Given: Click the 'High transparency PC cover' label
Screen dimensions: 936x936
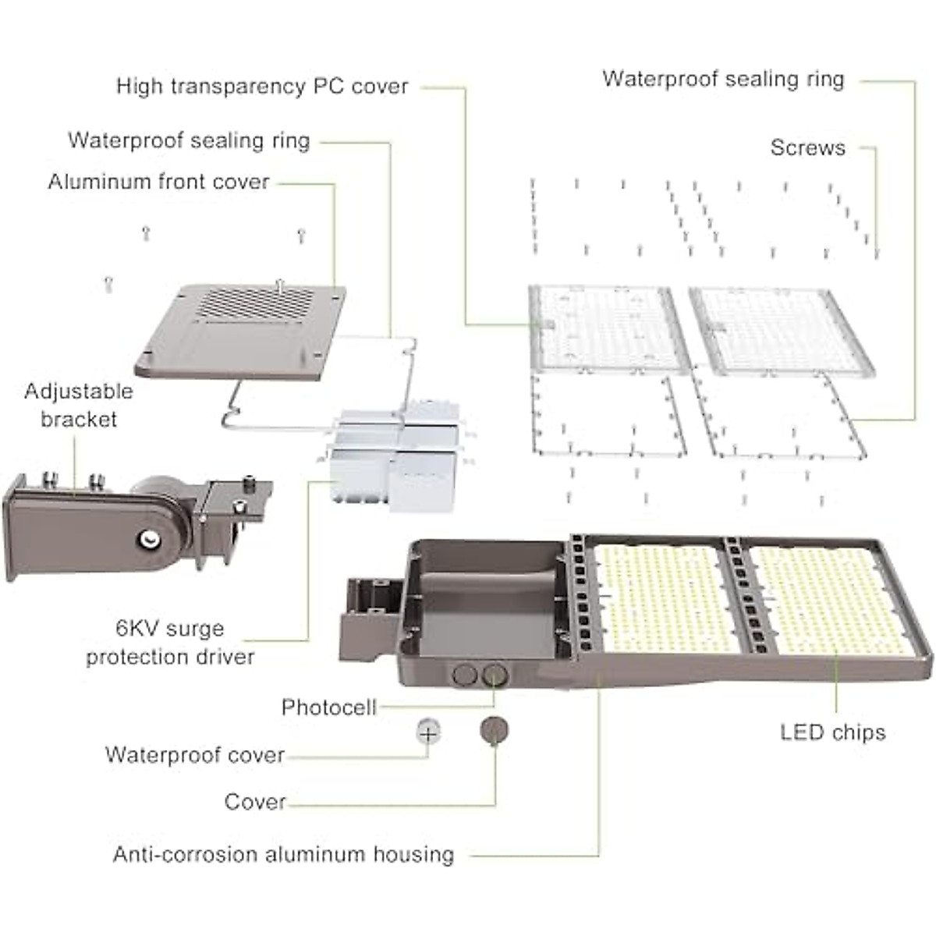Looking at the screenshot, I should click(262, 86).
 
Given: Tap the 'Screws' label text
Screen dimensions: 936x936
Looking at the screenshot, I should click(807, 147).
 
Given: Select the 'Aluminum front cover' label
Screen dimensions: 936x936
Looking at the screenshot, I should click(159, 182).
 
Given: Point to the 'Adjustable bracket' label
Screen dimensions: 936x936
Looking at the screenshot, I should click(78, 405).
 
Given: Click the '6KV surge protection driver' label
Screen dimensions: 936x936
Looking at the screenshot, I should click(170, 643).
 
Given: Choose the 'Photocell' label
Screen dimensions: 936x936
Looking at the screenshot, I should click(328, 707).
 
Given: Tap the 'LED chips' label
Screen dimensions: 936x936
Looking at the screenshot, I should click(832, 732).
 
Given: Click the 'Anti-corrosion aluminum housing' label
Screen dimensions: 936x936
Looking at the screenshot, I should click(283, 854).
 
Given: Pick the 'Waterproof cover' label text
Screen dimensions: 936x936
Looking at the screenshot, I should click(195, 755).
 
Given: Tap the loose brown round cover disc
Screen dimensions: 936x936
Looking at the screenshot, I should click(495, 731).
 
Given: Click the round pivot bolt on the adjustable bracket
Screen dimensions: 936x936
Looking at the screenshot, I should click(148, 537).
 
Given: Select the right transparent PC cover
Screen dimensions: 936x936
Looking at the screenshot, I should click(776, 328).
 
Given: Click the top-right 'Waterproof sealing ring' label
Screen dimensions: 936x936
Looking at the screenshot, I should click(723, 79).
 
